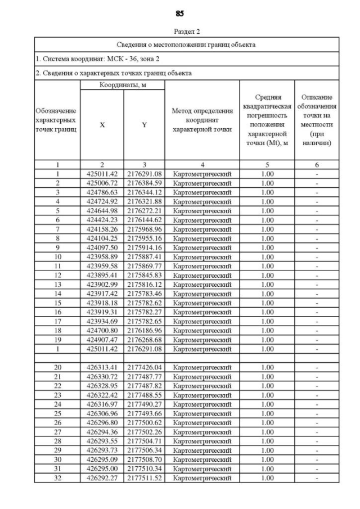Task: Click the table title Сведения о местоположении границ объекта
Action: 186,44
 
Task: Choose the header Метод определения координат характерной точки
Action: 202,120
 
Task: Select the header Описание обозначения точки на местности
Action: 317,120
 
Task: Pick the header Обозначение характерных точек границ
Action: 56,120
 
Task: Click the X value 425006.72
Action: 102,183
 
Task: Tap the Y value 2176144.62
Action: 144,220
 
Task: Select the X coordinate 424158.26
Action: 102,229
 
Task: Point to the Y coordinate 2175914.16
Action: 144,248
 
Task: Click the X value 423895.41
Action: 102,276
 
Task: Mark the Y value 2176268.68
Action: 144,340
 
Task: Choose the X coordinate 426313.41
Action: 102,368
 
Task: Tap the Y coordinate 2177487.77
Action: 144,377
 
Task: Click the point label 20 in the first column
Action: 57,368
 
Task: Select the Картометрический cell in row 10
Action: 202,257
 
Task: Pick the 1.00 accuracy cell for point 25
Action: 267,414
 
